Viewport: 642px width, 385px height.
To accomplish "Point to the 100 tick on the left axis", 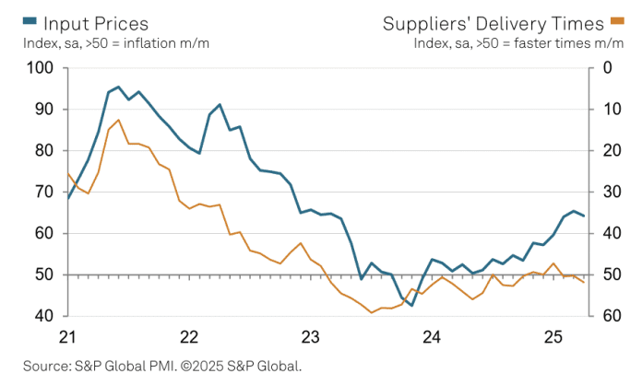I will (42, 68).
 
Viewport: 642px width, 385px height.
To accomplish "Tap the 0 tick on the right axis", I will (606, 68).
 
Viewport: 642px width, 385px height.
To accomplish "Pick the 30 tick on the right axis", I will (610, 192).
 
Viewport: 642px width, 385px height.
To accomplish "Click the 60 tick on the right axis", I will (610, 316).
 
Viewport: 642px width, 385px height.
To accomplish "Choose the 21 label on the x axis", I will (66, 336).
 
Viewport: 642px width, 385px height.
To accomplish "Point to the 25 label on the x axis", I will (553, 336).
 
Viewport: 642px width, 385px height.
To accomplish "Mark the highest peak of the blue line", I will (118, 87).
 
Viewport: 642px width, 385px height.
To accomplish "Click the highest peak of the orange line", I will (118, 120).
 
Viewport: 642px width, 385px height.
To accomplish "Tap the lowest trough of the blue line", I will (411, 305).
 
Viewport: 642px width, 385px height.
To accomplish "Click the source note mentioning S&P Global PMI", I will (162, 366).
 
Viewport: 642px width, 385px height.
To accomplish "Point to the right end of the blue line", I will (583, 216).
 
